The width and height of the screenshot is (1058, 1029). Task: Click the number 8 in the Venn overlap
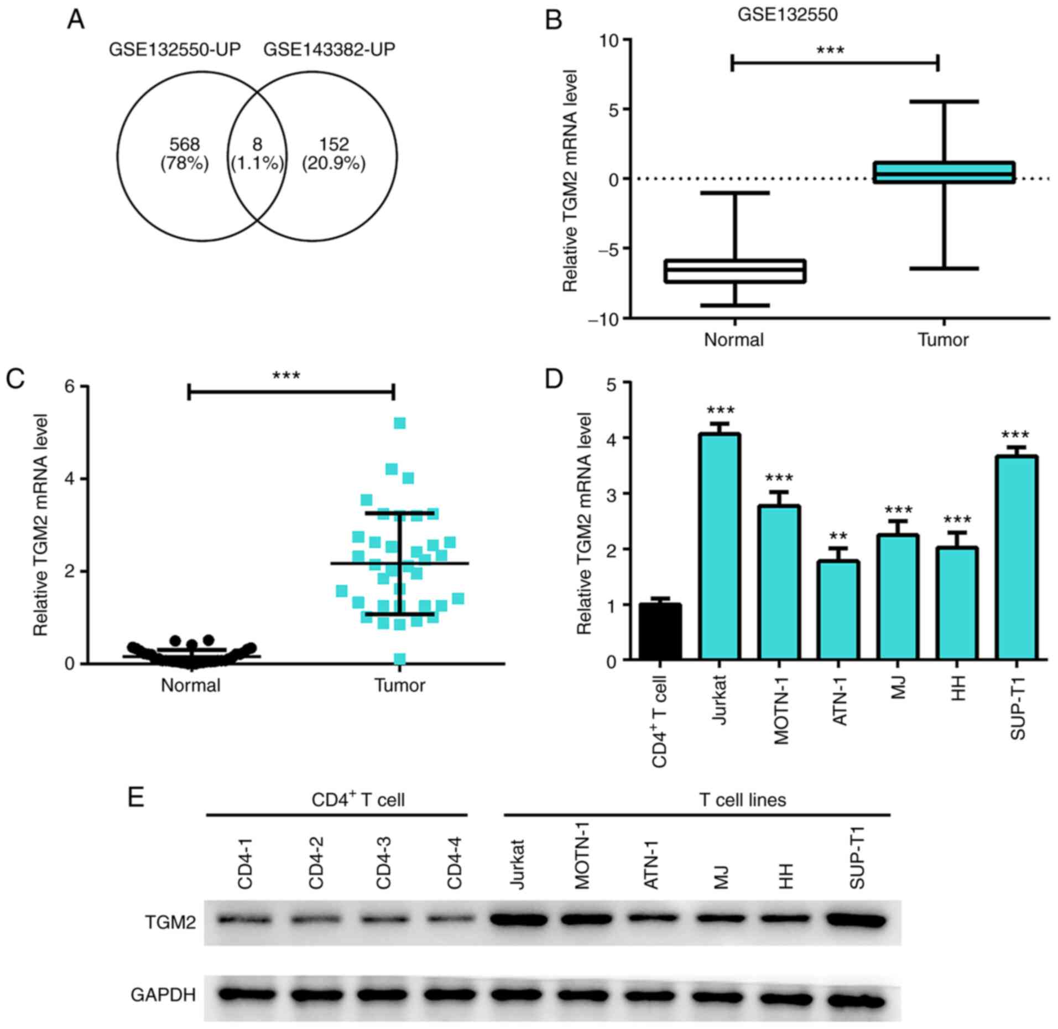(257, 145)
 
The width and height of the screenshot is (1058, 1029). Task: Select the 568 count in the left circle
(184, 145)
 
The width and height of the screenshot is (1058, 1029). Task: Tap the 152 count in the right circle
(333, 145)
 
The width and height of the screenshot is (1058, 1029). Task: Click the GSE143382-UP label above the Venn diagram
(329, 50)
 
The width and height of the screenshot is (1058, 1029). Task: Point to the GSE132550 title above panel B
(787, 15)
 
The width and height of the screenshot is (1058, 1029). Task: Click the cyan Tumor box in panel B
(944, 172)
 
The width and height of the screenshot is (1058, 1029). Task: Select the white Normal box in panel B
(735, 271)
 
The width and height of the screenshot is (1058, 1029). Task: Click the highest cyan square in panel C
(400, 423)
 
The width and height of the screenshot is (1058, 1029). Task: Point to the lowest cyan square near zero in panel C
(400, 659)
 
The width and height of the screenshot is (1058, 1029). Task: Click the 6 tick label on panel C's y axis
(70, 387)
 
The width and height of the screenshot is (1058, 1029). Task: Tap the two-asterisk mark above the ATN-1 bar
(838, 537)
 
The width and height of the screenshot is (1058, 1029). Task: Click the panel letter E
(136, 798)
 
